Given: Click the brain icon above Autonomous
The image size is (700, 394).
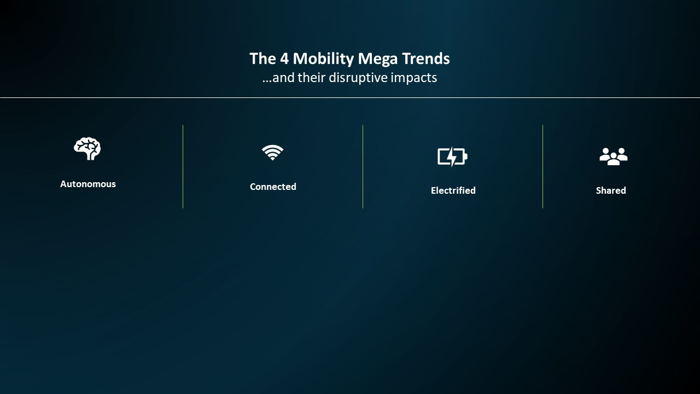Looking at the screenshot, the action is point(87,149).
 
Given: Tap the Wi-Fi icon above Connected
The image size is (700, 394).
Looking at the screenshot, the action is point(272,152).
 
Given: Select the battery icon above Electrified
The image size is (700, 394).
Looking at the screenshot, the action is point(452,157).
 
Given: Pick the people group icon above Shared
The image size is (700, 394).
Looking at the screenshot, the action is point(613,157).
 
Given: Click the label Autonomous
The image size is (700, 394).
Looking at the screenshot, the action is point(88,184).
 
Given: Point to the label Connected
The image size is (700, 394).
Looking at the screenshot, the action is point(273,187).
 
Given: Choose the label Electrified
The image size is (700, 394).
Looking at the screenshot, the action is point(453,190).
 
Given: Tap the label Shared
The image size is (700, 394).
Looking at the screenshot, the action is point(611,190).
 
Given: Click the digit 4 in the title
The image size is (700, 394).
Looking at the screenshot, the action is point(284,59).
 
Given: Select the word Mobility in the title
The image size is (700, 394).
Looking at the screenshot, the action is point(323,59).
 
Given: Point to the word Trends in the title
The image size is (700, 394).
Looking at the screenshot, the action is point(425,59).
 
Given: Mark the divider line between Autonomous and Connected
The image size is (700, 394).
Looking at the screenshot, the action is point(183,167).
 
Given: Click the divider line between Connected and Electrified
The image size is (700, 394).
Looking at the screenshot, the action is point(363,167).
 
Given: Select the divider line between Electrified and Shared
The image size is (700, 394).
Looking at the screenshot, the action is point(543,167).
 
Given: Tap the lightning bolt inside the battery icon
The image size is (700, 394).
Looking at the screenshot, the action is point(452,157).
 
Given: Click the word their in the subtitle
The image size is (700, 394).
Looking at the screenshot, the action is point(311,78).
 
